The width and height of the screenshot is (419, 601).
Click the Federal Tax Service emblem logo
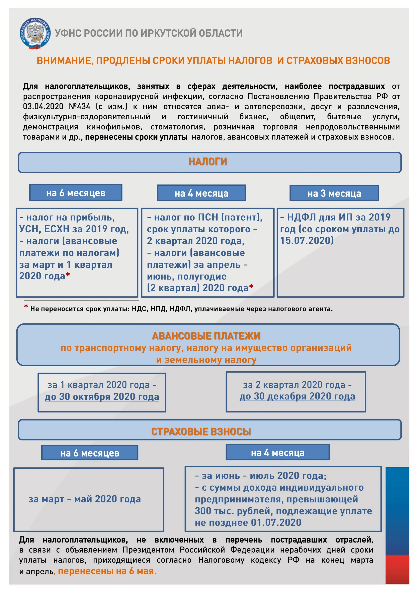coord(34,33)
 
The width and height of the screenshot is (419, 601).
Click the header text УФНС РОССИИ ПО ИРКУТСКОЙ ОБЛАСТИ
coord(149,33)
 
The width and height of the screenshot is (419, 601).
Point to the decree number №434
coord(80,107)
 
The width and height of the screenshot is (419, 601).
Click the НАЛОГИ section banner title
coord(208,161)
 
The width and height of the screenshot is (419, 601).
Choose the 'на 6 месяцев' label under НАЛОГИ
coord(76,193)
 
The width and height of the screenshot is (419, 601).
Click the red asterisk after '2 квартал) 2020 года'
coord(251,287)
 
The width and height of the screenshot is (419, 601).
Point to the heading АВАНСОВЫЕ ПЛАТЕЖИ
coord(206,336)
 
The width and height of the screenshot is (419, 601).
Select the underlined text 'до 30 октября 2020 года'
coord(102,397)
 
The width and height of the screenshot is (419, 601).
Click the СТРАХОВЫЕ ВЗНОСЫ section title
coord(201,431)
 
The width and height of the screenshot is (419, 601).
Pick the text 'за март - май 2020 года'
coord(85,499)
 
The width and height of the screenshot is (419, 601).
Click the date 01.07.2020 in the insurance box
coord(276,522)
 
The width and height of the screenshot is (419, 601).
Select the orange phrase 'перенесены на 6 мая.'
coord(107,571)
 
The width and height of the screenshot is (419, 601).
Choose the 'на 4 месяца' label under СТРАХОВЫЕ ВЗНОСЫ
coord(278,453)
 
